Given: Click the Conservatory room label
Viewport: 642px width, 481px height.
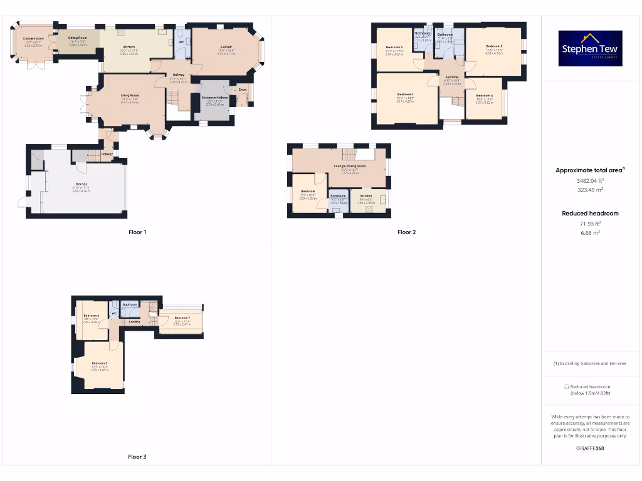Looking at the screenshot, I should (33, 38).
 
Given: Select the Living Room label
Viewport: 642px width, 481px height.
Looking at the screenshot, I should (130, 95).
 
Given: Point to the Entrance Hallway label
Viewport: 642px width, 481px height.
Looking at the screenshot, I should (215, 98).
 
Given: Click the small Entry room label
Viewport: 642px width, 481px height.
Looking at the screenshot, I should (243, 90).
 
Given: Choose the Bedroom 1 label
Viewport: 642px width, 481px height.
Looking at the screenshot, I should (405, 94).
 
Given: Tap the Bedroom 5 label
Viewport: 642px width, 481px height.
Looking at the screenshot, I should (100, 363).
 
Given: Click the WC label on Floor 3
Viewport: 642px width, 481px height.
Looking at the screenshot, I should (114, 313).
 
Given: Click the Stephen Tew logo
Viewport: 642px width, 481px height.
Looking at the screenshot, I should (590, 49).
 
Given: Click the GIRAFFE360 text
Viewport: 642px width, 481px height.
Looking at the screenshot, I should (589, 448).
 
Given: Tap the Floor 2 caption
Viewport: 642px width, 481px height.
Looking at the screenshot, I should (406, 232).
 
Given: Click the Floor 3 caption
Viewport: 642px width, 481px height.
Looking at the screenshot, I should (137, 457).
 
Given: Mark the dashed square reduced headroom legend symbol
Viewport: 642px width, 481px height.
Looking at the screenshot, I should (566, 387).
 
